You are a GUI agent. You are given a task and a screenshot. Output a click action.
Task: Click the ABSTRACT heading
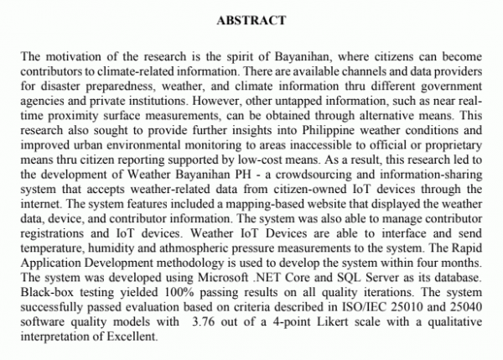251,19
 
